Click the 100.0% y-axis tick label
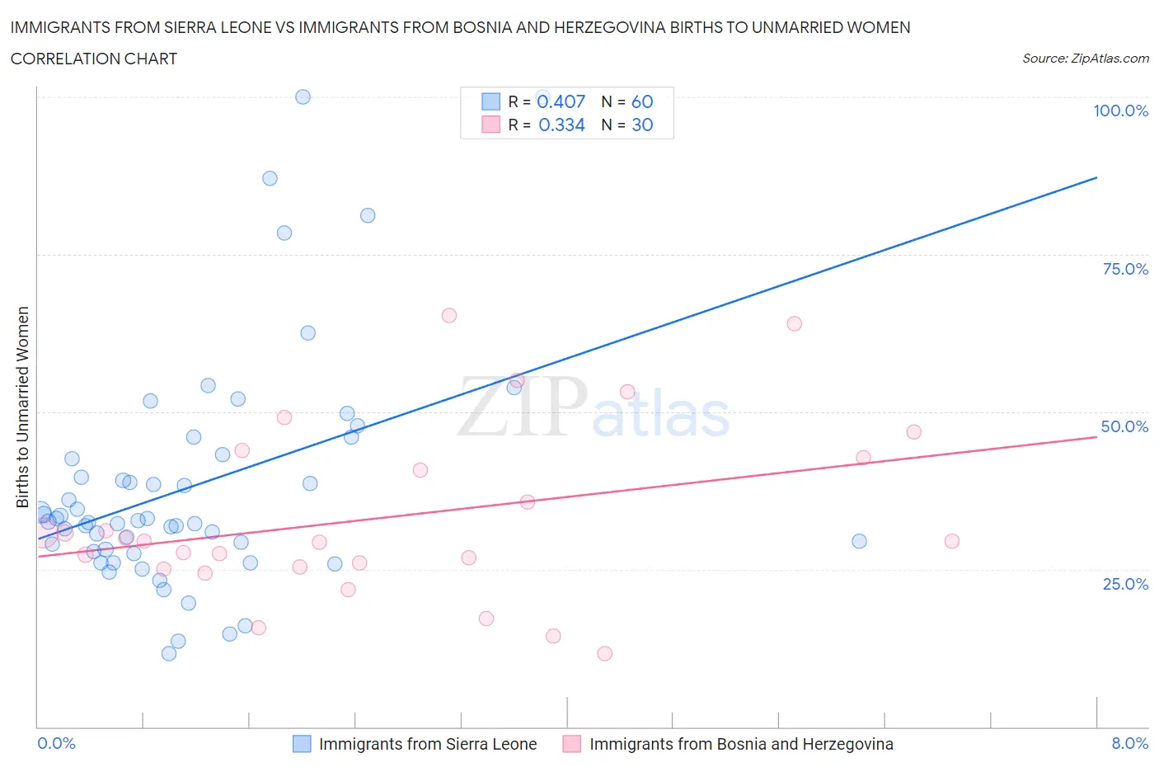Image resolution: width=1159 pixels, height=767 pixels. [x=1120, y=111]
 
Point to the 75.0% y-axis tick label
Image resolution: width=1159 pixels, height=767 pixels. [x=1125, y=269]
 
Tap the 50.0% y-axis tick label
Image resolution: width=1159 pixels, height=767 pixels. [x=1124, y=426]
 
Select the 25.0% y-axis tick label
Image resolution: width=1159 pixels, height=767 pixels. [x=1125, y=584]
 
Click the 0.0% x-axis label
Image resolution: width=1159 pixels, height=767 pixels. [x=56, y=743]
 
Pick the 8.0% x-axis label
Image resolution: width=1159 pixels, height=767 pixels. [x=1129, y=743]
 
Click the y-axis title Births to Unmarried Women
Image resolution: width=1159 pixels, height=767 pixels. [x=22, y=407]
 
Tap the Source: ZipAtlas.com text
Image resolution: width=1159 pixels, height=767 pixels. [x=1085, y=59]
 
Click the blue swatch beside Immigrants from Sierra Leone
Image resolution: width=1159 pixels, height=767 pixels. [x=303, y=744]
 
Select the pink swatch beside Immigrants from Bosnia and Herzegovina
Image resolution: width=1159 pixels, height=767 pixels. [x=572, y=744]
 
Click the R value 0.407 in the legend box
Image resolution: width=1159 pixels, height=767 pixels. [x=561, y=101]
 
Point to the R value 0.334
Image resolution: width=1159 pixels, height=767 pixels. [x=561, y=125]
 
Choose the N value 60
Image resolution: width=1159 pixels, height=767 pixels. [x=642, y=101]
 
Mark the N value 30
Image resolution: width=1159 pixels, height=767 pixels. [x=642, y=125]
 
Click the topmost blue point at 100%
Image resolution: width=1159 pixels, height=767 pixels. [x=303, y=96]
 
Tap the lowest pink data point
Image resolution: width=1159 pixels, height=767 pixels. [x=604, y=653]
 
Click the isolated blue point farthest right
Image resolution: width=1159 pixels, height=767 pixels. [x=859, y=541]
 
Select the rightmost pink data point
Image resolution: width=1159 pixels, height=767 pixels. [x=951, y=541]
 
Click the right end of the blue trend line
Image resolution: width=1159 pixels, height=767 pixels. [x=1096, y=177]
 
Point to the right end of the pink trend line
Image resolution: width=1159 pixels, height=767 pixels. [x=1096, y=436]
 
